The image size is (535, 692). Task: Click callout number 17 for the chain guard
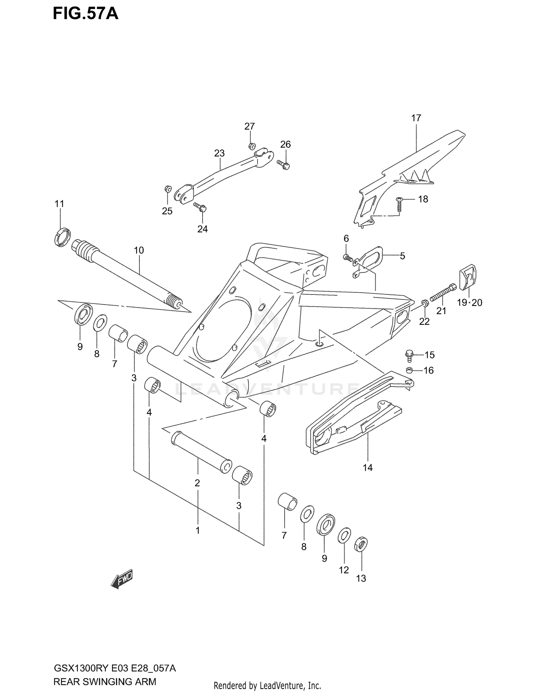[x=416, y=118]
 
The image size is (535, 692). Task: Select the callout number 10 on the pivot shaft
[x=139, y=250]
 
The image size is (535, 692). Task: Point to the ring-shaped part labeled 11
[x=62, y=236]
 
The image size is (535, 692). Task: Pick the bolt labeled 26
[x=284, y=164]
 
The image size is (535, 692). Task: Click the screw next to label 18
[x=399, y=205]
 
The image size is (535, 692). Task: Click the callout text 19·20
[x=469, y=303]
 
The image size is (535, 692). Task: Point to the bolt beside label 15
[x=409, y=355]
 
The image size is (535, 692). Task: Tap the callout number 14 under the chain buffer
[x=367, y=467]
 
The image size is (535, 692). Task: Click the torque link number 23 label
[x=219, y=153]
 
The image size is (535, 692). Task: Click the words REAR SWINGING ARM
[x=105, y=672]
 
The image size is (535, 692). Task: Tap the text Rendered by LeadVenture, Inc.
[x=267, y=676]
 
